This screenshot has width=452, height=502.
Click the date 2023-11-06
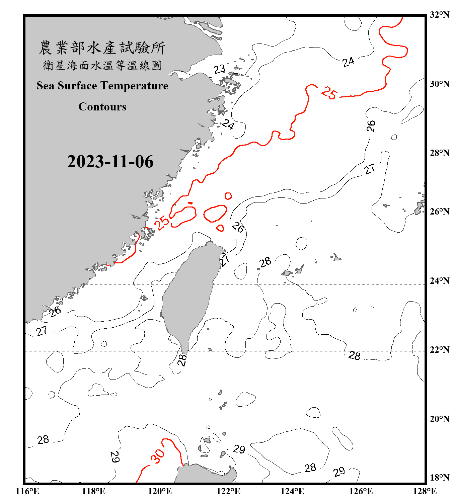[x=110, y=162]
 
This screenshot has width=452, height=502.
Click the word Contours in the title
[x=102, y=107]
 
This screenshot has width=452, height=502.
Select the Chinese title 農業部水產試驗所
[x=102, y=48]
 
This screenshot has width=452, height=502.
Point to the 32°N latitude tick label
[x=439, y=15]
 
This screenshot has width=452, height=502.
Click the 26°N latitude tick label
[x=439, y=212]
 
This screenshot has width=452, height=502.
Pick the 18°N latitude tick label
[x=439, y=478]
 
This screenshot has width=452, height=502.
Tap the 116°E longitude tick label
[x=27, y=492]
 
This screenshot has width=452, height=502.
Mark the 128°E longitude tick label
[x=425, y=492]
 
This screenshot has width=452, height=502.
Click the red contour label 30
[x=157, y=456]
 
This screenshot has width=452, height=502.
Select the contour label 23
[x=219, y=69]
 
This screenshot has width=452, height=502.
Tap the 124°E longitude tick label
[x=292, y=492]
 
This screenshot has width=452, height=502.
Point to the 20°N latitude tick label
[x=439, y=419]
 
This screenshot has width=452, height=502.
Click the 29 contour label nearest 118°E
[x=115, y=457]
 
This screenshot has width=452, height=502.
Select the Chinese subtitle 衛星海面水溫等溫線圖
[x=102, y=66]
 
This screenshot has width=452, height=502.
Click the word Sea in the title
[x=46, y=86]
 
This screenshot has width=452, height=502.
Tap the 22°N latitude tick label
[x=439, y=350]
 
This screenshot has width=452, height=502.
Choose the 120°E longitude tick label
[x=160, y=492]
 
